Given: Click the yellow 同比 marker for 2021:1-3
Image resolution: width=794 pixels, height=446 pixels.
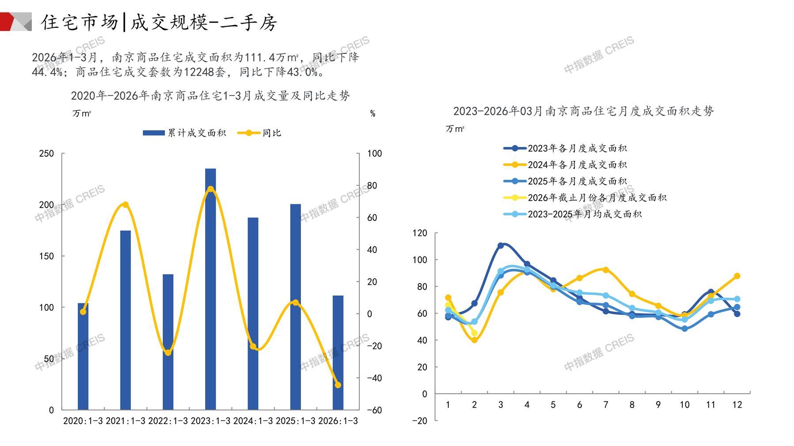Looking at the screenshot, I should point(125,205).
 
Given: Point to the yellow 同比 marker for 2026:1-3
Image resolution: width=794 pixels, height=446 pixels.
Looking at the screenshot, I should point(338,385).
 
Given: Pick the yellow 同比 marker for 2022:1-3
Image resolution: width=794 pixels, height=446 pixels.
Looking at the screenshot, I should point(168,352).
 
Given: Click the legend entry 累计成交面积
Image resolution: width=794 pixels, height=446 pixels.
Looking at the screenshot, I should point(185,133).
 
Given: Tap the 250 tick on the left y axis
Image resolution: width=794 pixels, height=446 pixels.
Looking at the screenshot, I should point(46,154).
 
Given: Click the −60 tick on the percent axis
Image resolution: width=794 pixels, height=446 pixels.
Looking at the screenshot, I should point(374,410).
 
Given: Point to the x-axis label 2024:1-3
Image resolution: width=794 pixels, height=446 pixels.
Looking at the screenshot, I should point(253,421).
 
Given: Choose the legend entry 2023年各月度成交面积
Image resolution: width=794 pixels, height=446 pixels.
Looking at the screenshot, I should point(566,148).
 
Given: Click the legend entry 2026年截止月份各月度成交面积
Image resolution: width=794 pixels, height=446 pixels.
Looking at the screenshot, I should point(585,198).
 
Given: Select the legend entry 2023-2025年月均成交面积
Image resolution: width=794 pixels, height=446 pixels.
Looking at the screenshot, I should point(573,214).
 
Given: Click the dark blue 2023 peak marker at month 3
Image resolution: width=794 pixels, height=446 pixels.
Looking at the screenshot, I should point(501,246).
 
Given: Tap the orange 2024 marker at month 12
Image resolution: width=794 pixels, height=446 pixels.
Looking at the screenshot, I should point(737,276).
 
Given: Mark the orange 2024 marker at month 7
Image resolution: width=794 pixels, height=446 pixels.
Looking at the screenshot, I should point(606,270).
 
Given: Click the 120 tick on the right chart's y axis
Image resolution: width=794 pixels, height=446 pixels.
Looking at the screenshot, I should point(420,233).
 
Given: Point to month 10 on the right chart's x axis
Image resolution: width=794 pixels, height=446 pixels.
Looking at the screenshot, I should point(684,405).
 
